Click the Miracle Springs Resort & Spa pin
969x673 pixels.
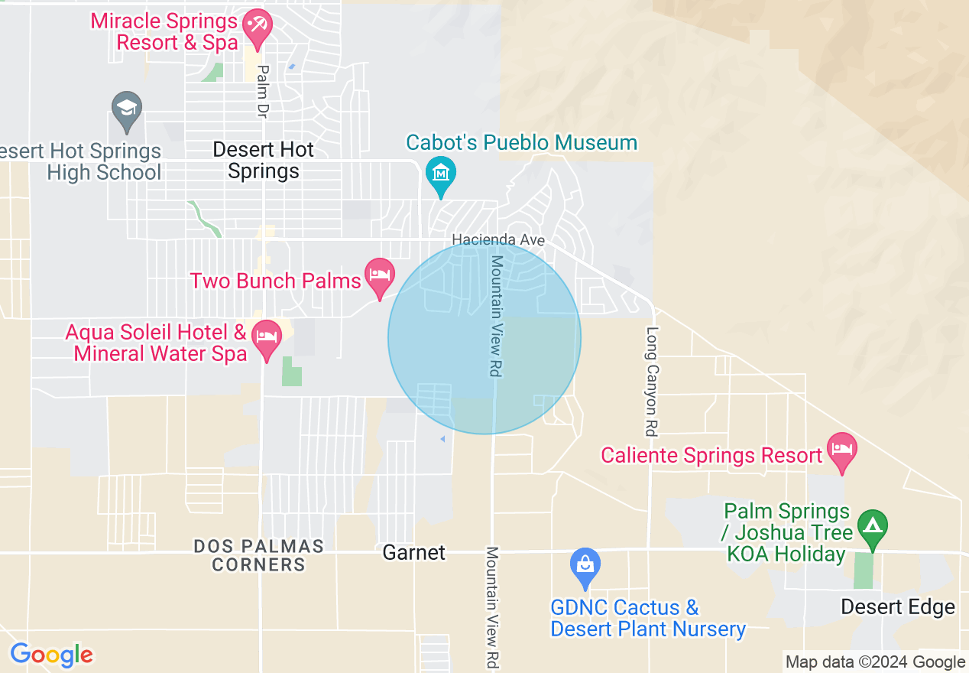257,24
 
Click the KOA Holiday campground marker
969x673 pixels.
870,527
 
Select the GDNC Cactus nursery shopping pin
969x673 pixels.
585,567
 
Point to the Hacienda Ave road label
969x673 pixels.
498,240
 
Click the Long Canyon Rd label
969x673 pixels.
651,382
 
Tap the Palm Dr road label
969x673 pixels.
263,90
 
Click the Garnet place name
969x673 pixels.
413,552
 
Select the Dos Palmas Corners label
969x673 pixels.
258,556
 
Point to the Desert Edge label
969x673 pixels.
897,607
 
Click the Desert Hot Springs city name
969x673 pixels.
264,161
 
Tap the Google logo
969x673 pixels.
52,655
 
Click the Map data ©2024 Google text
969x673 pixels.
875,662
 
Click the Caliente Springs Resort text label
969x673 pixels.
711,456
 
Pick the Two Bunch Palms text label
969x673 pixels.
275,281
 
